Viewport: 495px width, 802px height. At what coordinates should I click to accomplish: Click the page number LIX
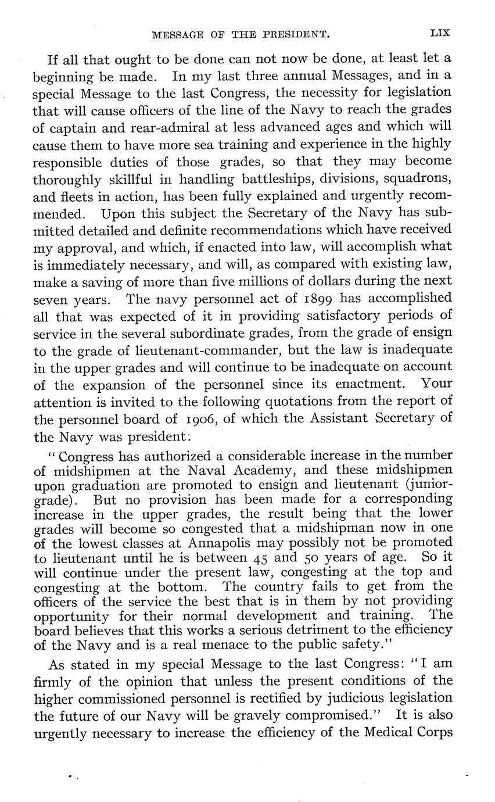440,34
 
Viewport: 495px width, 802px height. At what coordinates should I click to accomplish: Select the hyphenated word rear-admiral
158,127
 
